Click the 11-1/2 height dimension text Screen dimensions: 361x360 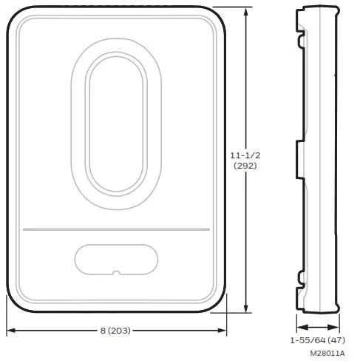(x=246, y=156)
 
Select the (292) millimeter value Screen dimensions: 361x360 (x=246, y=167)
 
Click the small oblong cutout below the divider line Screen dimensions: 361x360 (x=116, y=260)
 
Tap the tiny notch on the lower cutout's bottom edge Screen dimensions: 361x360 (x=116, y=274)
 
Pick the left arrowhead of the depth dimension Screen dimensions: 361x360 (x=299, y=324)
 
